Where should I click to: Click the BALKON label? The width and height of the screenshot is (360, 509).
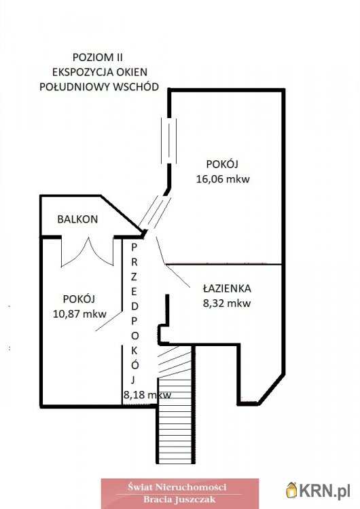77,219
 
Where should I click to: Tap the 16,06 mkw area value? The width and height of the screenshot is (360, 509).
223,179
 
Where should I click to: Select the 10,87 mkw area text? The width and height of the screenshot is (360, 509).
79,314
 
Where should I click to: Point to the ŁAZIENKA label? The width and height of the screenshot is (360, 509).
227,288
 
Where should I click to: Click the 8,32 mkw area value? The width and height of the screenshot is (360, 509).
227,303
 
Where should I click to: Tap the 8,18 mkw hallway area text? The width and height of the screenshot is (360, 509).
147,395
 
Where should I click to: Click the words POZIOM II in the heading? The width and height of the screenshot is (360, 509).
98,58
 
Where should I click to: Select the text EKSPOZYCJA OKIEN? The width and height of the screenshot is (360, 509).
100,72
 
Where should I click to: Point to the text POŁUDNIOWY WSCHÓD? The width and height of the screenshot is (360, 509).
99,87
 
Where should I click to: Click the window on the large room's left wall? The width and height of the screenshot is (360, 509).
169,140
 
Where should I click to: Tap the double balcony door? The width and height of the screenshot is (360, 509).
88,252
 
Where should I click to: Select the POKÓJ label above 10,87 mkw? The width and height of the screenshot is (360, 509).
79,299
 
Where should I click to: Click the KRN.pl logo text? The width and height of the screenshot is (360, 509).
324,491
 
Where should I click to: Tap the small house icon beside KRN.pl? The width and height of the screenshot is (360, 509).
292,490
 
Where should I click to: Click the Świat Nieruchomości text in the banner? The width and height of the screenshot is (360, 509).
177,487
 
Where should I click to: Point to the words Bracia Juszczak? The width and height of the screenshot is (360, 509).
180,499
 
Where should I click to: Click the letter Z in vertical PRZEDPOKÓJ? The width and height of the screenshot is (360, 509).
134,277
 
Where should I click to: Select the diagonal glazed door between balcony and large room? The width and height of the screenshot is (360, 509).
155,212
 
